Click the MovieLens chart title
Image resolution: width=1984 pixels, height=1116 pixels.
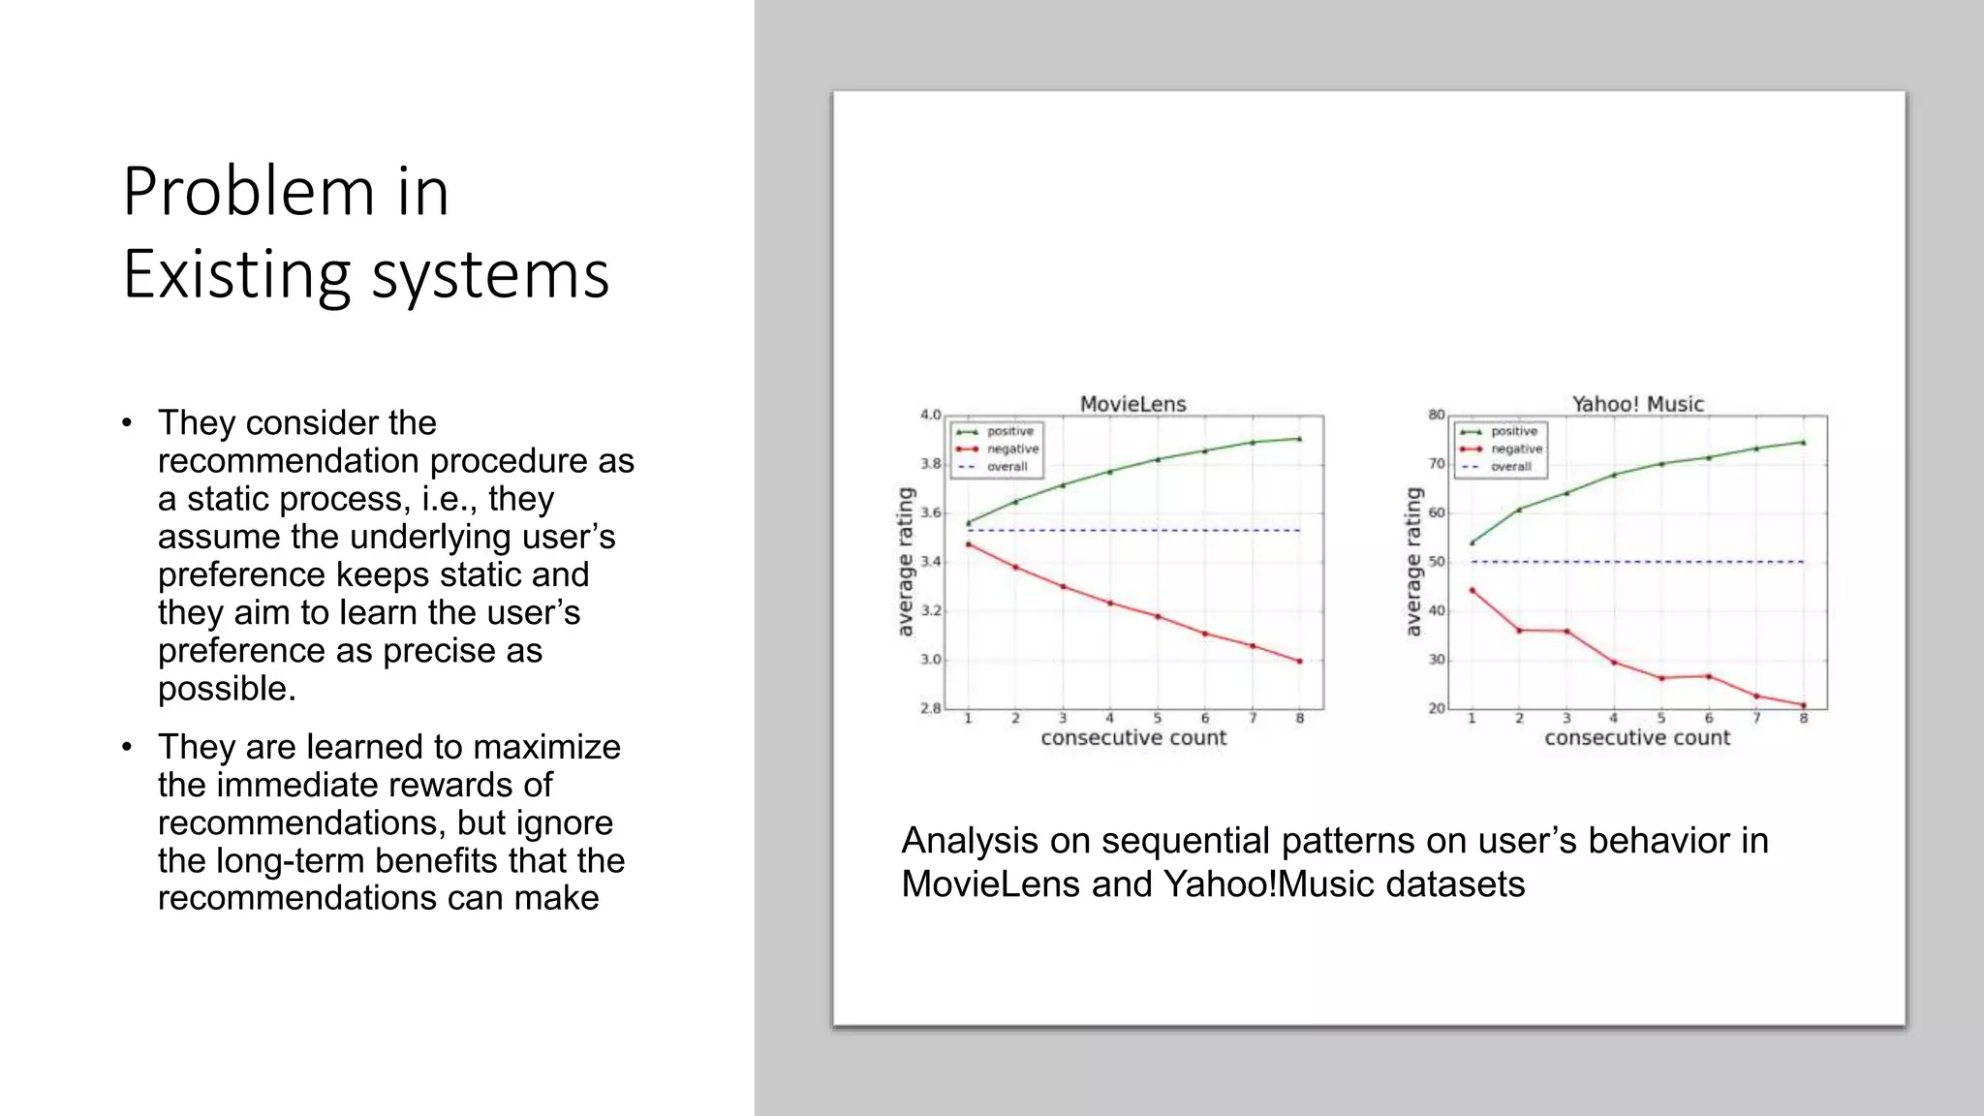click(1132, 404)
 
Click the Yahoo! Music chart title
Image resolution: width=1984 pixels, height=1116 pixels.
click(1637, 404)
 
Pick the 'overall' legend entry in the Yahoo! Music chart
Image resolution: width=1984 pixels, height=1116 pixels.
click(1510, 467)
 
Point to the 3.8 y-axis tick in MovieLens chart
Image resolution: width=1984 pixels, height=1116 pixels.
click(930, 464)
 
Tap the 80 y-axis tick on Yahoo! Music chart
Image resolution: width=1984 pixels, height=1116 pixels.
click(1436, 415)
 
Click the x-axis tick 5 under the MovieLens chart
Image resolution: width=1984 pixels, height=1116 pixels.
click(1157, 719)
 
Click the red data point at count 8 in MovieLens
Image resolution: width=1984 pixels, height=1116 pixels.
click(1299, 662)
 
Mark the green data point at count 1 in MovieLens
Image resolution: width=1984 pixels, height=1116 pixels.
click(968, 523)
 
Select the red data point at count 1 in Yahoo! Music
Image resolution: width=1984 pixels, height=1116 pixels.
click(1472, 590)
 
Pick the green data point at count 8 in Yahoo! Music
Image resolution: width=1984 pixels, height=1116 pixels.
click(1803, 443)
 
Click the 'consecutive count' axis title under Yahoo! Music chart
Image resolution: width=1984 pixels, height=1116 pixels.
click(1637, 738)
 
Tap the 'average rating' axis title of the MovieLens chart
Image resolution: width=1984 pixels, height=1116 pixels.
click(906, 562)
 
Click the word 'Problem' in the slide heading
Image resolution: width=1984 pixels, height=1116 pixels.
click(248, 191)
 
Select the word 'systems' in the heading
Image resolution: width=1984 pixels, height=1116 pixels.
click(490, 275)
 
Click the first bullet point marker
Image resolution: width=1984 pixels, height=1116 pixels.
click(127, 423)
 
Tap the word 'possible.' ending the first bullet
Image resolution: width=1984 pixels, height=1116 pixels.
click(227, 689)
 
